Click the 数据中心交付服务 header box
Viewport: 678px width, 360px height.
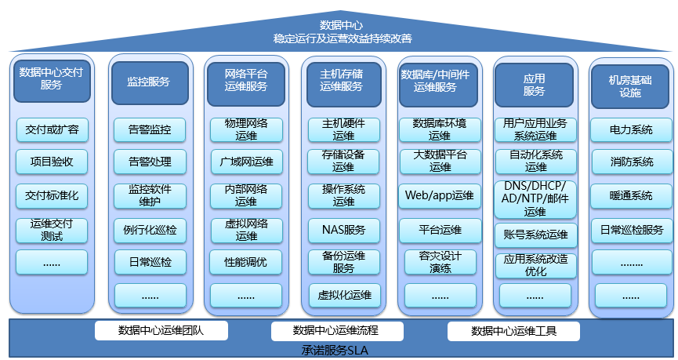point(52,78)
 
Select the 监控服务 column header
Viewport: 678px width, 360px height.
point(150,81)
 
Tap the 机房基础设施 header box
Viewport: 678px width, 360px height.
point(630,85)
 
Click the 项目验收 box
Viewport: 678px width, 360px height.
point(52,162)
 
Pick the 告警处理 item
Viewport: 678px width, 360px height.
point(150,162)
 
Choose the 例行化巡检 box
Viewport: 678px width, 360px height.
point(150,230)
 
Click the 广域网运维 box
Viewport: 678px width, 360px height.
point(246,162)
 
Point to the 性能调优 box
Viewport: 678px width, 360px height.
point(246,262)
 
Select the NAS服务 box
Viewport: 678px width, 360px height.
point(343,230)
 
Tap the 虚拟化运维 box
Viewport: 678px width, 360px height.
point(343,296)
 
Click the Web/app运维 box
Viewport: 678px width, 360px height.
point(439,195)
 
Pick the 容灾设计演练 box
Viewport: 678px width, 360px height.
point(439,262)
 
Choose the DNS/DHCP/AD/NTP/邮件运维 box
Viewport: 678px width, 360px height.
point(535,198)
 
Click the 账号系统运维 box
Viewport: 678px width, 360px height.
point(535,235)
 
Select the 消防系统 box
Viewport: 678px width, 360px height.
point(631,162)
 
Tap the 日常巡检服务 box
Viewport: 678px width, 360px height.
point(631,230)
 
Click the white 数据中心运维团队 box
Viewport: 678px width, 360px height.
point(161,331)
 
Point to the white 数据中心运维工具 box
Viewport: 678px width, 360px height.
point(513,331)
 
